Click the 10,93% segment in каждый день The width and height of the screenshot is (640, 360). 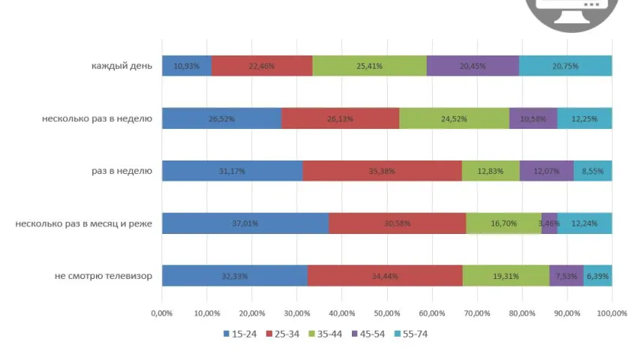[186, 66]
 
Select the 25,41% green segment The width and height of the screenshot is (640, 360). [369, 66]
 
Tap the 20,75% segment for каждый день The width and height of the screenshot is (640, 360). [565, 66]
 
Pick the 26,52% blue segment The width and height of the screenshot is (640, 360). [221, 118]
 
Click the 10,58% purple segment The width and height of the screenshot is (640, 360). [533, 118]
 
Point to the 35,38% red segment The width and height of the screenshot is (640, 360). [382, 171]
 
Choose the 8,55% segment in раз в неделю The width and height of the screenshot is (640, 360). [593, 171]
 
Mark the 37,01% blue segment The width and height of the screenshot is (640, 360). [245, 223]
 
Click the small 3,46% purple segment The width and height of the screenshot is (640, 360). [549, 223]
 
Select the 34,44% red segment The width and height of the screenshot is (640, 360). [384, 276]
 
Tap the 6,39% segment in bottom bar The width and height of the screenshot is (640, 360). [598, 276]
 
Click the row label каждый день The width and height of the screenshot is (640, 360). [122, 66]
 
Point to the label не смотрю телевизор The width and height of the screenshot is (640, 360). [104, 276]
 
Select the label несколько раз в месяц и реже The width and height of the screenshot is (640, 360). [83, 223]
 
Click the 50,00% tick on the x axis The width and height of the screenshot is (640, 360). [386, 313]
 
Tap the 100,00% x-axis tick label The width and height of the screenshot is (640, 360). [611, 313]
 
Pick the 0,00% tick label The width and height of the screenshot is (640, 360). [162, 313]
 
